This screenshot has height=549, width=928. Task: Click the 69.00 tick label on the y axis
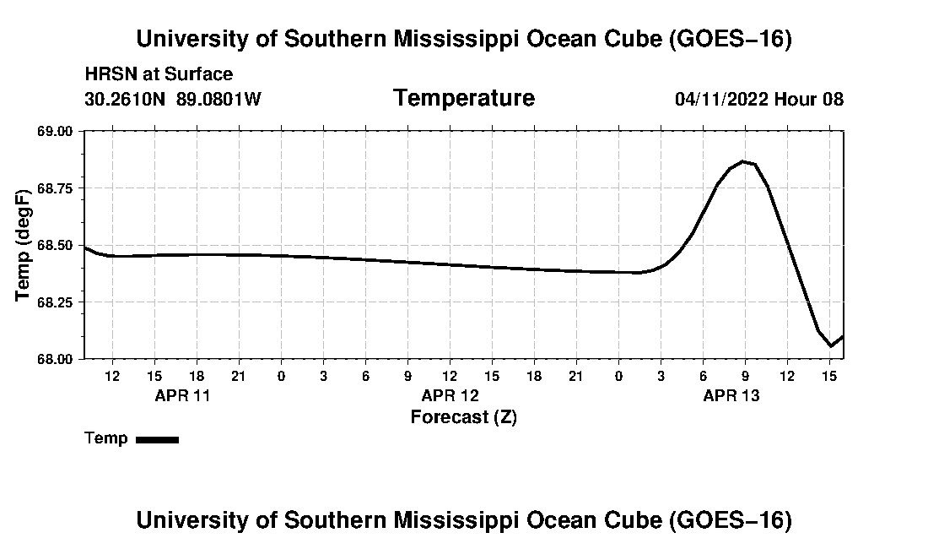(55, 131)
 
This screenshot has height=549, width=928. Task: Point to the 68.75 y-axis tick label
(55, 188)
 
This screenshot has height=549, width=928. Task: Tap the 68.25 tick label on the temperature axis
(55, 302)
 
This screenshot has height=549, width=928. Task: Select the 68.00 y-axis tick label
(55, 360)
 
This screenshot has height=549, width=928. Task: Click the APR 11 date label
(182, 395)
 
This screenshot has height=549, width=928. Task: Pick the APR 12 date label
(450, 395)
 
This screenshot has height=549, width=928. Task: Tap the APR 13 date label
(731, 395)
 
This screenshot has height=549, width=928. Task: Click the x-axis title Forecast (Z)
(464, 417)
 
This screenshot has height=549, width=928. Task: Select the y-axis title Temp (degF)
(23, 245)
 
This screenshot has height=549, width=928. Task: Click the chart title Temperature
(464, 98)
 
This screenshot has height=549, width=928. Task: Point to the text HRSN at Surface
(159, 74)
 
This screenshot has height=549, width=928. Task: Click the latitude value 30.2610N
(125, 99)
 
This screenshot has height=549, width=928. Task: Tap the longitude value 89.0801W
(219, 99)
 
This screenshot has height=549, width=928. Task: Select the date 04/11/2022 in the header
(721, 99)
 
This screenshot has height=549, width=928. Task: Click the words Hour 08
(808, 99)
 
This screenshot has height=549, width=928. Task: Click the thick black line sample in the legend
(158, 439)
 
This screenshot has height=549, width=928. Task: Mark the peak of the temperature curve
(742, 161)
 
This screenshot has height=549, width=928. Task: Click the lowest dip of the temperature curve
(831, 345)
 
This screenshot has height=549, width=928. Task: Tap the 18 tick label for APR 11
(197, 376)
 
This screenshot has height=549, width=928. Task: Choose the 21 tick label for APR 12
(576, 376)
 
